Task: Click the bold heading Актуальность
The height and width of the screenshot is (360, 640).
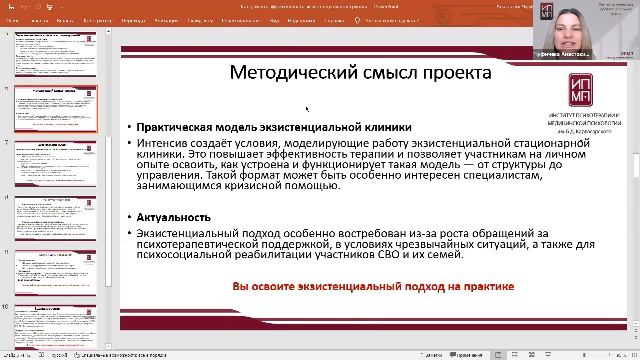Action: pyautogui.click(x=174, y=217)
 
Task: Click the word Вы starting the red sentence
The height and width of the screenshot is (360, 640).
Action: pyautogui.click(x=240, y=286)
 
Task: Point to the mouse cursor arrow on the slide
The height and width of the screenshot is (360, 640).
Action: pyautogui.click(x=306, y=108)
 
